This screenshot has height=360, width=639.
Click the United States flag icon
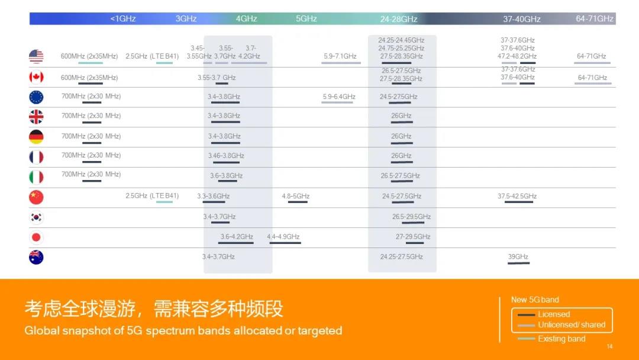[x=36, y=56]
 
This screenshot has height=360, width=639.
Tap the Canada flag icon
[x=36, y=77]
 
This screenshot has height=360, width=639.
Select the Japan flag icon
[x=36, y=237]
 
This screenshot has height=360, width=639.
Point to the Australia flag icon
[x=36, y=257]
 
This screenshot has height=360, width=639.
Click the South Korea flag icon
[x=36, y=217]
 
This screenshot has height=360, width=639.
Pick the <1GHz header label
[x=122, y=19]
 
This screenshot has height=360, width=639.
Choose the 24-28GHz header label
[x=399, y=19]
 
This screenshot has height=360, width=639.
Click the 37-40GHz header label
[x=522, y=19]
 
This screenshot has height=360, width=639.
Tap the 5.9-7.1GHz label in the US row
[x=340, y=56]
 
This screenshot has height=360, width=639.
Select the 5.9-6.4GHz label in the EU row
[x=338, y=97]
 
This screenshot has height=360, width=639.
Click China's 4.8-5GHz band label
[x=295, y=196]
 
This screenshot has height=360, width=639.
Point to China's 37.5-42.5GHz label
[x=517, y=196]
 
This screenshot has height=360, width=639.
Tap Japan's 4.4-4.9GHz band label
[x=283, y=236]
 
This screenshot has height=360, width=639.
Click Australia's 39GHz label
[x=518, y=256]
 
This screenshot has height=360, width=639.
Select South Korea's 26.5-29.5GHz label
[x=411, y=217]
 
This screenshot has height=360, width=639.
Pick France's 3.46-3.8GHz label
[x=226, y=156]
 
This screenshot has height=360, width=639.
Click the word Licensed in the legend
[x=554, y=314]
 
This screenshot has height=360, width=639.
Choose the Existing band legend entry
[x=551, y=339]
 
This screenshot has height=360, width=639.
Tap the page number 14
[x=609, y=346]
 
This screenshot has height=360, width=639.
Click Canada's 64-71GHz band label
[x=592, y=78]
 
